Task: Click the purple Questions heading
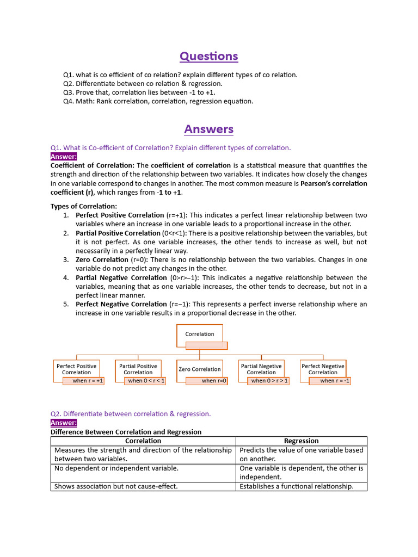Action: (209, 57)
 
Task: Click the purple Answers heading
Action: (209, 129)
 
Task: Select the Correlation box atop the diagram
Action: (200, 334)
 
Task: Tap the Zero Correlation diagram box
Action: (200, 369)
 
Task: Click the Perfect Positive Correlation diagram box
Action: (77, 369)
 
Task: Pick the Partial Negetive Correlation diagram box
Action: (261, 369)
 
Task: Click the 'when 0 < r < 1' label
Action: (146, 381)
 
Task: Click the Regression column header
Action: (301, 441)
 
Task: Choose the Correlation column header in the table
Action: (143, 441)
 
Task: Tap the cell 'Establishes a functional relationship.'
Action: (296, 486)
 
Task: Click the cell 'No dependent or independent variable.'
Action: (116, 468)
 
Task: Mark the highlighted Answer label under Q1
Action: (64, 157)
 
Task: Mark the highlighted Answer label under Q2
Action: (64, 423)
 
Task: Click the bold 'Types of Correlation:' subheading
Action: (84, 206)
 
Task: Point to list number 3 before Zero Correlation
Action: (65, 260)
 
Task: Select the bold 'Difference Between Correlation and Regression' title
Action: (126, 432)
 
